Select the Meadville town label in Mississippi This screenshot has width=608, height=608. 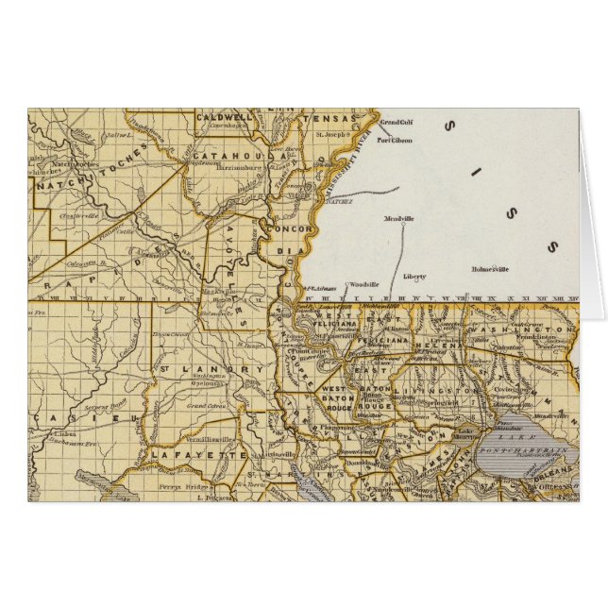click(399, 219)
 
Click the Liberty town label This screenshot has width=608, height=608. click(414, 277)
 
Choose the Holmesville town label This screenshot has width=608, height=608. click(490, 269)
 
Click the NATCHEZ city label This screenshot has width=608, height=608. click(338, 201)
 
